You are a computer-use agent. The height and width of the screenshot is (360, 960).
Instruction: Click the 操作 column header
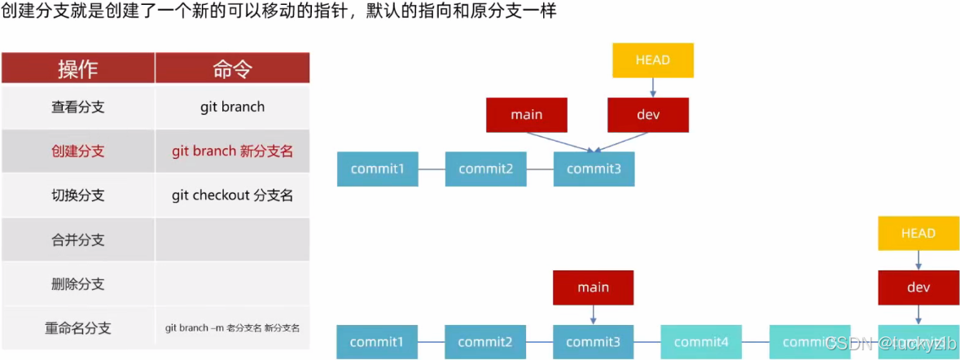[x=78, y=68]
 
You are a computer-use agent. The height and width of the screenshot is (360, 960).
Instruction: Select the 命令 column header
[x=232, y=68]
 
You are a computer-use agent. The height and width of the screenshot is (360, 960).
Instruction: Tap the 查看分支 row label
[x=78, y=107]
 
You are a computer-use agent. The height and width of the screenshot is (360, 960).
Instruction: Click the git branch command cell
[x=232, y=107]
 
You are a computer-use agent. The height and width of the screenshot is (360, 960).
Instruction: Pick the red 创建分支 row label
[x=78, y=151]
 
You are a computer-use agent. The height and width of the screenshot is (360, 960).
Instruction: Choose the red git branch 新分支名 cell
[x=232, y=151]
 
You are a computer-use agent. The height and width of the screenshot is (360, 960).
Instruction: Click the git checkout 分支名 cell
[x=232, y=195]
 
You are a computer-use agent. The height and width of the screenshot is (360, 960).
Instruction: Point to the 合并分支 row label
[x=78, y=240]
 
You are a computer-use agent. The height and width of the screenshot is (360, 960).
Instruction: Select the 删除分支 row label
[x=78, y=284]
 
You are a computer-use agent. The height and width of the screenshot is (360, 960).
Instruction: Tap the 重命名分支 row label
[x=78, y=328]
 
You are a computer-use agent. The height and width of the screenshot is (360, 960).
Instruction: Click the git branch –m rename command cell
[x=232, y=328]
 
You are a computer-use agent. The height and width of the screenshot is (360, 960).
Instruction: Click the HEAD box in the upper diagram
[x=652, y=60]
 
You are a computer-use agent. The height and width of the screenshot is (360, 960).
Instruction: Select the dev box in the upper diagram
[x=648, y=115]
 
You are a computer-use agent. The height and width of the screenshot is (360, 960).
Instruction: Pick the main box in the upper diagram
[x=526, y=115]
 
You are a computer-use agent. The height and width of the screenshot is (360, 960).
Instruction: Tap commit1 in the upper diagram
[x=378, y=169]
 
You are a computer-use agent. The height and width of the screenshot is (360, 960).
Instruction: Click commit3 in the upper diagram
[x=594, y=169]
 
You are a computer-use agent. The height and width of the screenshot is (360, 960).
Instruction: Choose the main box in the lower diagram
[x=593, y=288]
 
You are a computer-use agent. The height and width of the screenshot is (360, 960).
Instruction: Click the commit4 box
[x=701, y=342]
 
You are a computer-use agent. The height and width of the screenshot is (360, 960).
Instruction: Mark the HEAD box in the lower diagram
[x=918, y=234]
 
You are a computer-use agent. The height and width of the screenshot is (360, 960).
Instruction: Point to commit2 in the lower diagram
[x=485, y=342]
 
